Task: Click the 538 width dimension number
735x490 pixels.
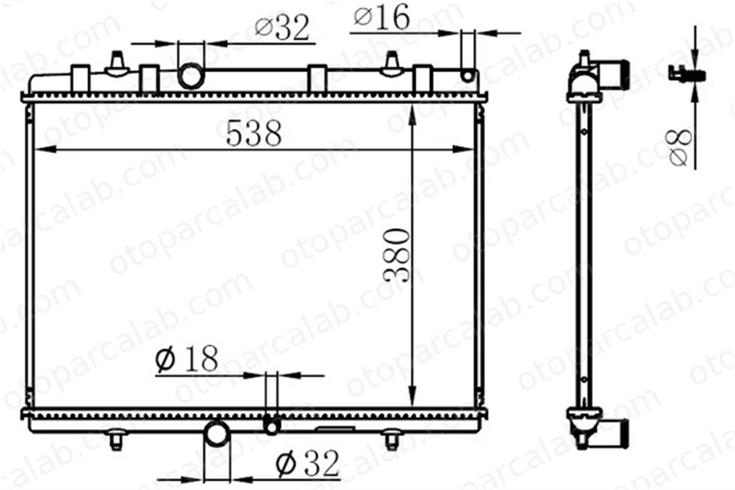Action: point(254,133)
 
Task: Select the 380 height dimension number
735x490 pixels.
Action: point(397,255)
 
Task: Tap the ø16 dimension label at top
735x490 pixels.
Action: point(381,18)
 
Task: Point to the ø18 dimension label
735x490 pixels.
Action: point(187,359)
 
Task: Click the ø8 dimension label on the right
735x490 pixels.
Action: point(681,147)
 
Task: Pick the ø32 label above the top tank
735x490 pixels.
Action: point(282,28)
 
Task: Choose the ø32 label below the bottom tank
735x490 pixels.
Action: point(307,464)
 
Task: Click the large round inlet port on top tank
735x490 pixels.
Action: point(191,76)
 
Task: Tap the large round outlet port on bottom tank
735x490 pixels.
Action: point(217,433)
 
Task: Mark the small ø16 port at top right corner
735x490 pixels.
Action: point(467,75)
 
